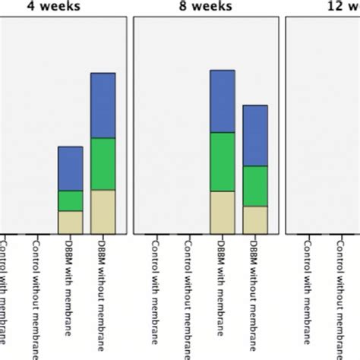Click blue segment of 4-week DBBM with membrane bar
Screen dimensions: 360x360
[71, 169]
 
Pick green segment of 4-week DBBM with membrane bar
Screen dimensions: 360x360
[71, 201]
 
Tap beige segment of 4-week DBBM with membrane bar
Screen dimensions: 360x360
[71, 222]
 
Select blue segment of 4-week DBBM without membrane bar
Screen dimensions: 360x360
[103, 106]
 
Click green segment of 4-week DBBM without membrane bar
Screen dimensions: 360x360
[103, 164]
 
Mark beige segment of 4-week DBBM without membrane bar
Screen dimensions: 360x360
[103, 211]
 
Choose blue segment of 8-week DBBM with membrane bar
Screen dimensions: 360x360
[223, 102]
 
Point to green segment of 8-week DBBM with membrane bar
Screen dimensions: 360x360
[223, 162]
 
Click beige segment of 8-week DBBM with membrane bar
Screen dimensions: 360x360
[223, 212]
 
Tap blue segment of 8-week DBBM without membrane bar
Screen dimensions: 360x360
[255, 135]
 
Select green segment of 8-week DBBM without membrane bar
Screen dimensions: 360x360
[255, 186]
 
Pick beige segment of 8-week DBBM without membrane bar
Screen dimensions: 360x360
[255, 219]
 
